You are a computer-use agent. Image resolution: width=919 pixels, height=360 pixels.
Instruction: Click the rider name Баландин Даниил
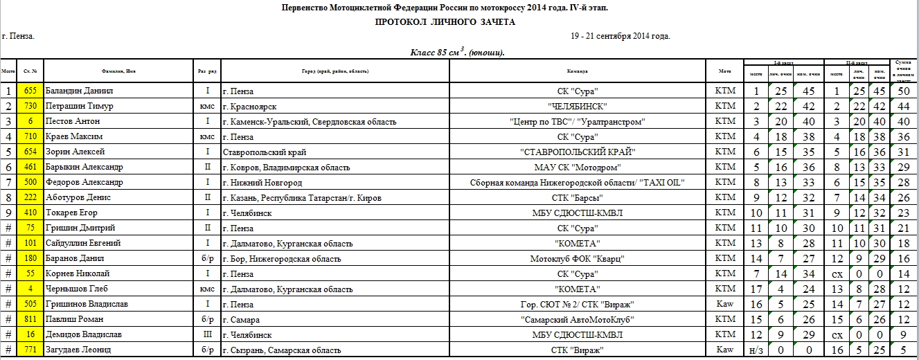[x=78, y=91]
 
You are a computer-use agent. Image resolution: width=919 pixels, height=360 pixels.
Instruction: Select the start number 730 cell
[x=30, y=107]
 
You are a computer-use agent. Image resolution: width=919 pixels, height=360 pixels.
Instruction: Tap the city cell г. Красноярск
[x=249, y=107]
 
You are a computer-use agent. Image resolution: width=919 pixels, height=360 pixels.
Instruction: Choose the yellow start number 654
[x=30, y=152]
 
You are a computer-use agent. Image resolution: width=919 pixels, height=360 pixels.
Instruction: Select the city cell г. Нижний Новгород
[x=262, y=182]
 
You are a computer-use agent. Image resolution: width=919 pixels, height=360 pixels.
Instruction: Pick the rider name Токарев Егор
[x=71, y=213]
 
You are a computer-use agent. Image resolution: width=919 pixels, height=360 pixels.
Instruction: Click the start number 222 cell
[x=30, y=197]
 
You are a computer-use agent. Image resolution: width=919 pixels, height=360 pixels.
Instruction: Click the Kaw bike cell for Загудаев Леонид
[x=724, y=350]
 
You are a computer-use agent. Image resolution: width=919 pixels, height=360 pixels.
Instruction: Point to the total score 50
[x=903, y=91]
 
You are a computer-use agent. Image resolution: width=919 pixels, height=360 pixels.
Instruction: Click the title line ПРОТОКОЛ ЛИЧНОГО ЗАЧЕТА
[x=445, y=22]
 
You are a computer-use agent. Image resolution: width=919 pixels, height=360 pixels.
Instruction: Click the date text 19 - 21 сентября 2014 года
[x=621, y=36]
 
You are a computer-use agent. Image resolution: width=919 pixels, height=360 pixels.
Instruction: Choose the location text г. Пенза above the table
[x=19, y=36]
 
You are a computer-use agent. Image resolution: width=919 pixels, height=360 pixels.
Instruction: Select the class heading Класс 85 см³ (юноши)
[x=458, y=53]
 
